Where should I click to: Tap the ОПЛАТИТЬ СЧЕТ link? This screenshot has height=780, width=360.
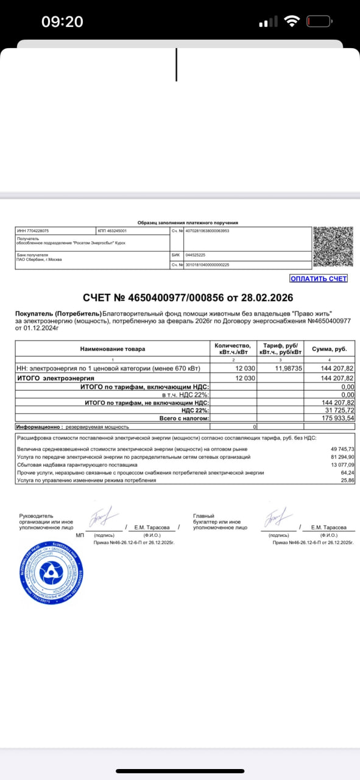tap(319, 278)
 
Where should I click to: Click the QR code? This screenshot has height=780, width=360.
tap(333, 246)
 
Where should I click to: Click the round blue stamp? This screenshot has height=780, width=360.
tap(50, 572)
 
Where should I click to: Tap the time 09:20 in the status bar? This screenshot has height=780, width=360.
tap(62, 22)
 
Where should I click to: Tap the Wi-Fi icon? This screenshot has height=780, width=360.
tap(292, 22)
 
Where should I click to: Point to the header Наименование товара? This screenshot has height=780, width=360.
tap(113, 349)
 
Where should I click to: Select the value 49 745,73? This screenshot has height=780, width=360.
tap(341, 448)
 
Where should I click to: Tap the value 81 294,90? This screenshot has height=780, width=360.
tap(341, 456)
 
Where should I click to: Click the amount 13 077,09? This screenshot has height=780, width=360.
tap(341, 464)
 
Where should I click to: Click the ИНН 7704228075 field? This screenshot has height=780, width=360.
tap(33, 231)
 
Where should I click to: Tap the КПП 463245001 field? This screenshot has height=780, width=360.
tap(112, 231)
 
